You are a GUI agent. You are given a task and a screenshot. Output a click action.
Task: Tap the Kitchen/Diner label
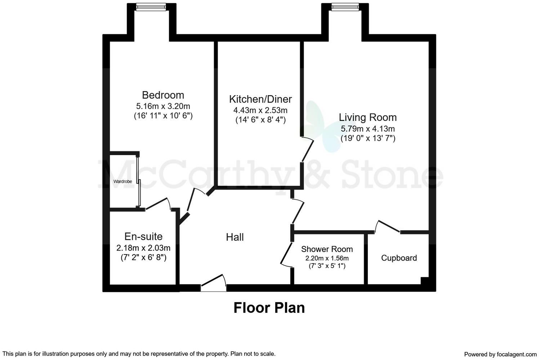coord(260,99)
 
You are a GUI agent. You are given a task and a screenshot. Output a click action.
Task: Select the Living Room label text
coord(367,117)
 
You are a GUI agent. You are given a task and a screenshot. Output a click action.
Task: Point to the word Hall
coord(235,237)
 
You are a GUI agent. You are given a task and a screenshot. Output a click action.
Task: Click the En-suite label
coord(143,237)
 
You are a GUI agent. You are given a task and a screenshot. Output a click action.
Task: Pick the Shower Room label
coord(327,249)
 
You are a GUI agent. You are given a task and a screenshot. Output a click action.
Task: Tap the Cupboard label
coord(399,258)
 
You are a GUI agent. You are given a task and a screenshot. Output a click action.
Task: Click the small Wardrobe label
coord(122,181)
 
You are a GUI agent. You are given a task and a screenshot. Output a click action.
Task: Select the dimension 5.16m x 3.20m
coord(163,106)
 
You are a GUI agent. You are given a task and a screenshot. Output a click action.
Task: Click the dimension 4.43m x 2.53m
coord(260,110)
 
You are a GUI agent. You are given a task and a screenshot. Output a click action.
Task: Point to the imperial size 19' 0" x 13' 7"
coord(367,138)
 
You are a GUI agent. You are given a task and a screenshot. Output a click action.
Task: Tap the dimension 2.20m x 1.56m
coord(327,258)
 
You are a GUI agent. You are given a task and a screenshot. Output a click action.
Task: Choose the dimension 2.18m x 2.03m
coord(143,248)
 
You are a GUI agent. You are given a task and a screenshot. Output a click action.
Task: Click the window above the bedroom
coord(151,6)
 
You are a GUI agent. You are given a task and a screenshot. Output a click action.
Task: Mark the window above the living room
coord(345,6)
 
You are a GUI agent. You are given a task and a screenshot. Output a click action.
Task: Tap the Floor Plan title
coord(269,308)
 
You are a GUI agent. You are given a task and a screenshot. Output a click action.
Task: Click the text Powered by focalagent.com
coord(500,354)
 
